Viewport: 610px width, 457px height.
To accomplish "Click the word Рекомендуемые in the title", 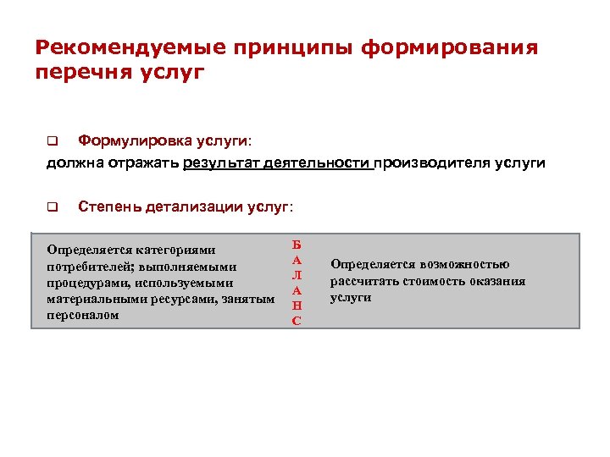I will click(x=115, y=47).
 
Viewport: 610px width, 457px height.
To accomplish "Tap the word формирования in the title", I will click(x=448, y=47).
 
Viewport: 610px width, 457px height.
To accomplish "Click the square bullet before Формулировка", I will click(x=51, y=140).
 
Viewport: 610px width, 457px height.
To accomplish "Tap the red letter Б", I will click(x=296, y=244).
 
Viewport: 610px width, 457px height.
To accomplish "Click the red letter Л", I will click(x=296, y=275).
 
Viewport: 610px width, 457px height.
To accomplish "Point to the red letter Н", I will click(x=296, y=306).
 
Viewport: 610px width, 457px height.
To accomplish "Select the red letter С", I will click(x=296, y=321).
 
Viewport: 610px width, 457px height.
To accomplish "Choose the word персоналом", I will click(x=83, y=315).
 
